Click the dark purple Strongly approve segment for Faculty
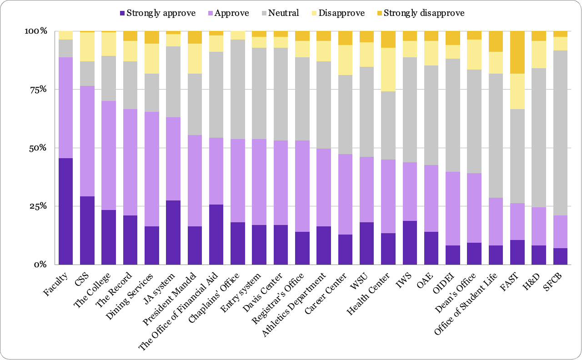[66, 211]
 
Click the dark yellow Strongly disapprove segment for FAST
[517, 52]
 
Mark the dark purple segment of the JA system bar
[173, 232]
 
